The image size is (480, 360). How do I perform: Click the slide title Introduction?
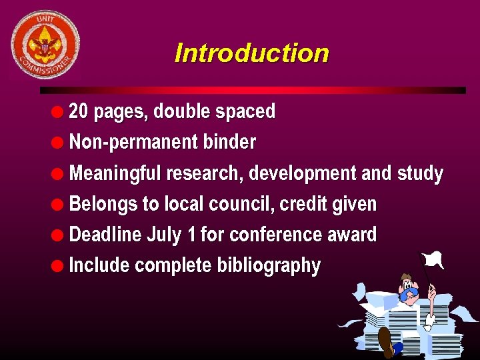coord(251,53)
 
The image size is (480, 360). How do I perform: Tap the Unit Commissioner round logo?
coord(45,45)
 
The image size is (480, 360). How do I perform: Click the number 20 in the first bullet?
coord(78,111)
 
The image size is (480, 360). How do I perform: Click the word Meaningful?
coord(115,173)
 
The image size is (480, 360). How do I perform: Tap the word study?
coord(420,173)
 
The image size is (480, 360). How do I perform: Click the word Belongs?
coord(103,204)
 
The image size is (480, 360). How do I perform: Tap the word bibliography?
coord(269,265)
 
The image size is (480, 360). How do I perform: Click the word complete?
coord(173,265)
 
